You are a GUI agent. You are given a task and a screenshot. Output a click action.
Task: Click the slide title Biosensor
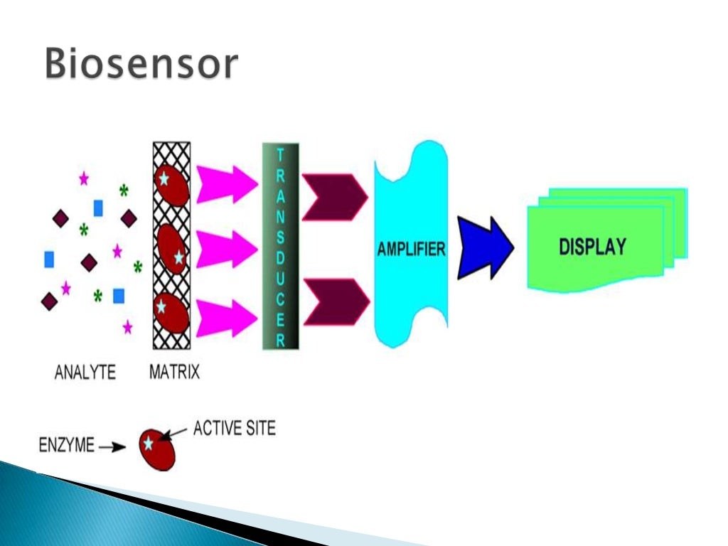(x=140, y=65)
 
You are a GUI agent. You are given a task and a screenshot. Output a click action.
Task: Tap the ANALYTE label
(x=85, y=372)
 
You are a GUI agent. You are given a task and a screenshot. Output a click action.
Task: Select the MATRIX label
(x=174, y=372)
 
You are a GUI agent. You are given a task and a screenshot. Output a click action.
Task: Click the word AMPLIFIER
(x=411, y=250)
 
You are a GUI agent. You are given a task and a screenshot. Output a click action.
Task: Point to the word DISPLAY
(x=592, y=247)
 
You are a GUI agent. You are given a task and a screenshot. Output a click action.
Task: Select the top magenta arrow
(x=226, y=184)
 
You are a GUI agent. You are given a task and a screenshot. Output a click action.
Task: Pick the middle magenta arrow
(x=226, y=249)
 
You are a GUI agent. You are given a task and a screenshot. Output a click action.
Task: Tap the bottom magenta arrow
(x=226, y=317)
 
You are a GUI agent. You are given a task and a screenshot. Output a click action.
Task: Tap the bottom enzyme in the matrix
(x=171, y=314)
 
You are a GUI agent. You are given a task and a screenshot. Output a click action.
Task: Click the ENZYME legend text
(x=65, y=446)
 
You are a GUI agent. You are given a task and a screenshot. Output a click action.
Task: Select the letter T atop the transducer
(x=280, y=154)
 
